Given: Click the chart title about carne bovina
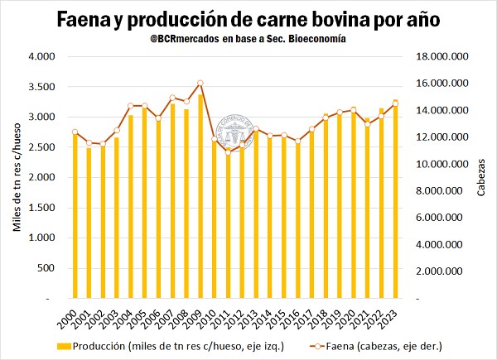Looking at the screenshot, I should (248, 18).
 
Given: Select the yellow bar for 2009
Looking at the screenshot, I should (200, 196).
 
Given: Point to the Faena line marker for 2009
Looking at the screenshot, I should (200, 83).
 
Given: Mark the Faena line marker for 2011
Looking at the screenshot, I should (228, 152).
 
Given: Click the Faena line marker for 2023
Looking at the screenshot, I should (395, 103).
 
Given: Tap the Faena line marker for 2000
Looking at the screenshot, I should (75, 132).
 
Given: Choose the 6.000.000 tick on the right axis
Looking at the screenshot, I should (438, 218).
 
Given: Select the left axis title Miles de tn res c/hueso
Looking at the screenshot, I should (16, 177).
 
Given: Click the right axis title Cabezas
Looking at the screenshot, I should (482, 178).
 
